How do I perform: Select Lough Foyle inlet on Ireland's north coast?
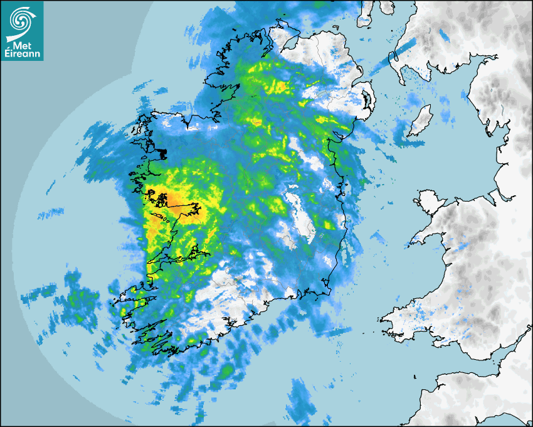[290, 44]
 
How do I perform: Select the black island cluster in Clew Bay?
[161, 153]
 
